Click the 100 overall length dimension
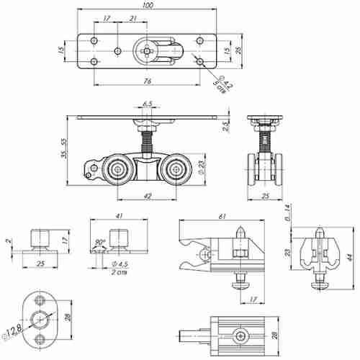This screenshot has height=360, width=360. click(x=147, y=6)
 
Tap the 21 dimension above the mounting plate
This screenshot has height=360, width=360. click(x=132, y=17)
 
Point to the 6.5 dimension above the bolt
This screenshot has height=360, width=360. click(x=148, y=104)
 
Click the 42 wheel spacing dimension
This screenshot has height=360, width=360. click(x=148, y=195)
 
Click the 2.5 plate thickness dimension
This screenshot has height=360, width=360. click(x=225, y=127)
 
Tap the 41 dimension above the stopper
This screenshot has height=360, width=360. click(x=119, y=216)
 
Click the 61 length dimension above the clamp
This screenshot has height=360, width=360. click(x=221, y=216)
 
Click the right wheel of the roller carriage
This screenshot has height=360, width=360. click(x=174, y=171)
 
